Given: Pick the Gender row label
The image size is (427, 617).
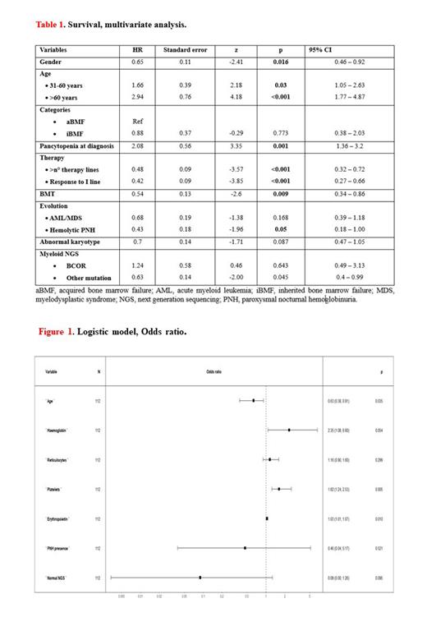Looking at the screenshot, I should pyautogui.click(x=53, y=62).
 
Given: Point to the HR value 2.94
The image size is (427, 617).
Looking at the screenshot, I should pyautogui.click(x=137, y=96).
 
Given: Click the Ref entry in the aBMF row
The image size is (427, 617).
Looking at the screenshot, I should pyautogui.click(x=137, y=122).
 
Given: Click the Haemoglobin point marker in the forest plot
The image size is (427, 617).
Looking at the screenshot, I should pyautogui.click(x=289, y=430).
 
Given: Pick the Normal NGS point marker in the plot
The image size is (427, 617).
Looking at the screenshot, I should pyautogui.click(x=200, y=578).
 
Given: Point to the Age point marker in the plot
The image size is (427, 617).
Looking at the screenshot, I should pyautogui.click(x=253, y=400).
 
